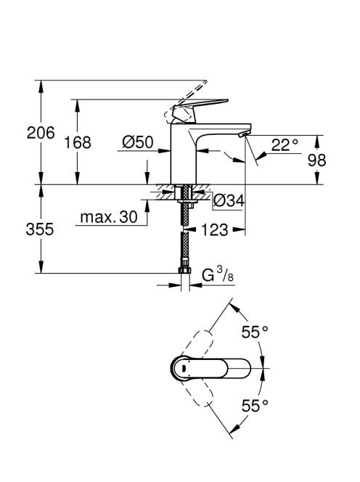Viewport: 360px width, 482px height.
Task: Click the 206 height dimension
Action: (41, 133)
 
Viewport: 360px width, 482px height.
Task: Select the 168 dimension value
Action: (78, 142)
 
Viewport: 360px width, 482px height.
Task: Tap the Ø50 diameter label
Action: (138, 142)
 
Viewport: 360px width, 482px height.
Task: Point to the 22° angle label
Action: (285, 145)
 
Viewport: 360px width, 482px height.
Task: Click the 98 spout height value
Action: (317, 160)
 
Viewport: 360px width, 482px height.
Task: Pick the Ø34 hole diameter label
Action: (229, 200)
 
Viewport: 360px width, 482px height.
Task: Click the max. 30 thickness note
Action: (109, 217)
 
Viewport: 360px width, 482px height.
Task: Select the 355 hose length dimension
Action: (40, 229)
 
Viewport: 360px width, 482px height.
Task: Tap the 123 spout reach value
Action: (215, 230)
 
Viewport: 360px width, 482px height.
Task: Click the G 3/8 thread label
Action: (218, 275)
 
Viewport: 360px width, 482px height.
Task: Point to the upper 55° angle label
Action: (255, 332)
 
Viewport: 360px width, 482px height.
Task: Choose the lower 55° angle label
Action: (255, 406)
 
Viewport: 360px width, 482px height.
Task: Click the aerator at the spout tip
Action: (245, 134)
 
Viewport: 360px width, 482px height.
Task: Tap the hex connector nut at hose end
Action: (184, 270)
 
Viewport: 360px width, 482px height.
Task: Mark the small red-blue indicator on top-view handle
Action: (183, 368)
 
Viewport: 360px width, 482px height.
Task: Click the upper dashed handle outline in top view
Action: (197, 344)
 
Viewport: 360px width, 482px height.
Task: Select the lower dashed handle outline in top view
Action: (197, 392)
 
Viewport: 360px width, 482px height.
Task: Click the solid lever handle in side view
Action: (200, 109)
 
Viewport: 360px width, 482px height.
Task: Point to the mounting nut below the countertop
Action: (184, 201)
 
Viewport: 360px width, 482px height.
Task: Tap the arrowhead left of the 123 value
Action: (191, 229)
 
